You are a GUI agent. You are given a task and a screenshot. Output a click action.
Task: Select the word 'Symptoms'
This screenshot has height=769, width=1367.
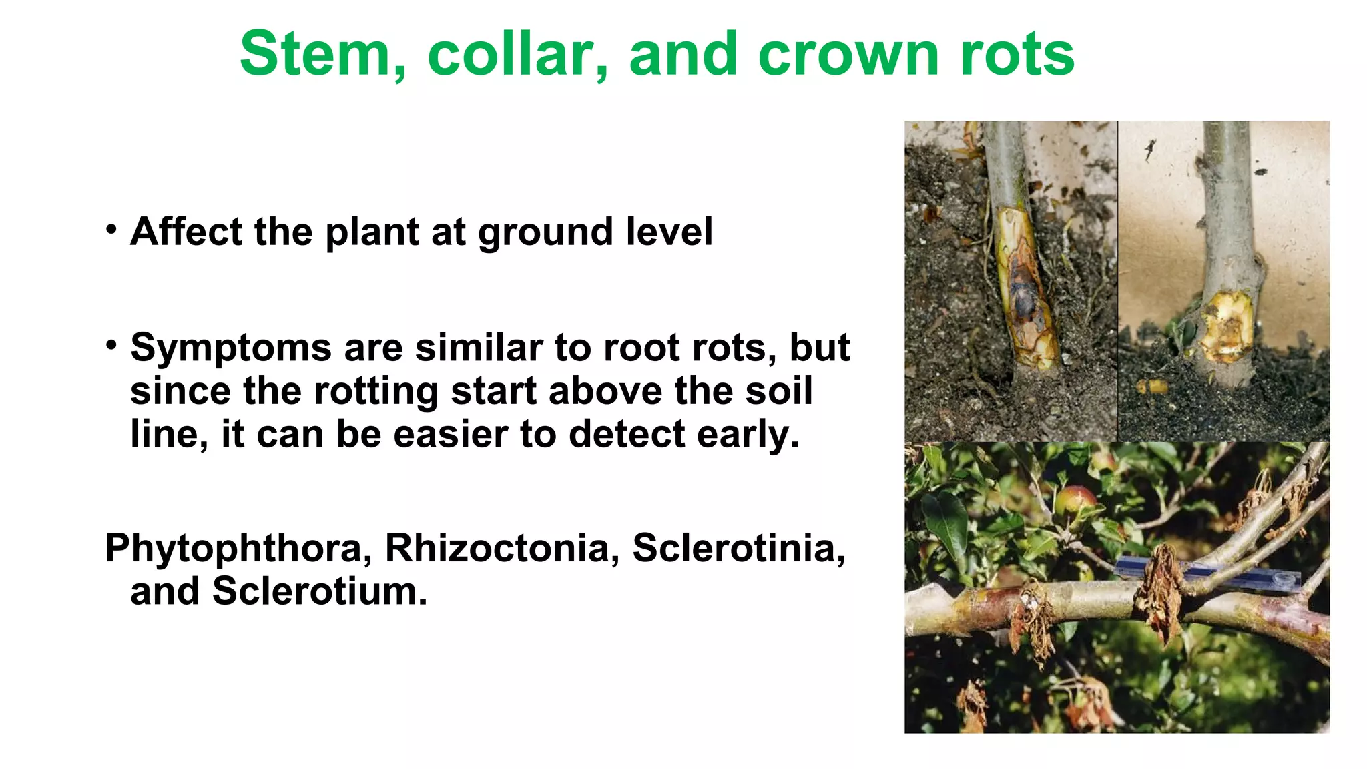[x=231, y=349]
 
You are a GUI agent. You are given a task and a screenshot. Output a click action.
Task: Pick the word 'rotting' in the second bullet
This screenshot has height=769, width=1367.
[x=376, y=391]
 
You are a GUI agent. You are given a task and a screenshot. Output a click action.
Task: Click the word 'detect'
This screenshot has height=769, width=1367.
[x=627, y=435]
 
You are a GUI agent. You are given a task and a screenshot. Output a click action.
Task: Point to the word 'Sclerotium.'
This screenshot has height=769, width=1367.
[x=320, y=591]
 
